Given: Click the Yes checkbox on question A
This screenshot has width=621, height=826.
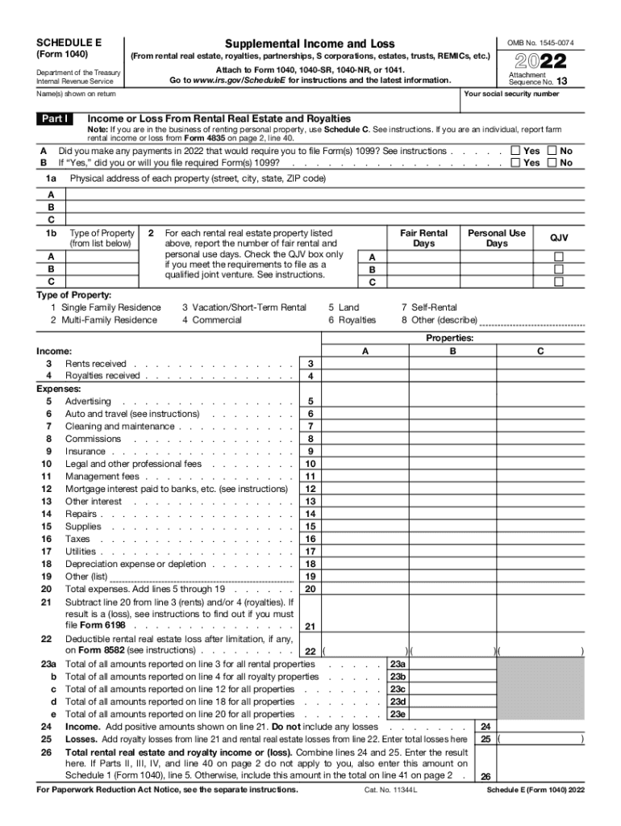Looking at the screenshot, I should tap(516, 151).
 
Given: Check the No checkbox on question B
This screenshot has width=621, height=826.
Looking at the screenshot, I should tap(552, 162).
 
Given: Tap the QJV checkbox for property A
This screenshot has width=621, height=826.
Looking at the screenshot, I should tap(558, 257).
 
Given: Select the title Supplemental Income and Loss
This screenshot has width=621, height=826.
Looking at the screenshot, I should tap(310, 43).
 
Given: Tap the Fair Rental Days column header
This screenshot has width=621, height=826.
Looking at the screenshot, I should tap(423, 238).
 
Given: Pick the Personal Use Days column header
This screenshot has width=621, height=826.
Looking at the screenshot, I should tap(497, 238).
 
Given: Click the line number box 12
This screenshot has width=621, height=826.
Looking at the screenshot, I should tap(310, 489).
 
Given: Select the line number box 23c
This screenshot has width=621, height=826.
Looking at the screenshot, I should tap(398, 690).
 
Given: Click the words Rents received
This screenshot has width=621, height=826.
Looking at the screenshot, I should tap(95, 364).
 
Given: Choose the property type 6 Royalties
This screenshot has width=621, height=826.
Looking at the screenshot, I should tap(352, 320).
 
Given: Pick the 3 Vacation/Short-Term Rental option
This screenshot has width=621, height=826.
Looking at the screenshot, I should tap(244, 307).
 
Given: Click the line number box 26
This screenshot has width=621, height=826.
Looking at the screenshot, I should tap(486, 777).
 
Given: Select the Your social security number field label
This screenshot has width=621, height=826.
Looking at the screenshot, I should tap(512, 94).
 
